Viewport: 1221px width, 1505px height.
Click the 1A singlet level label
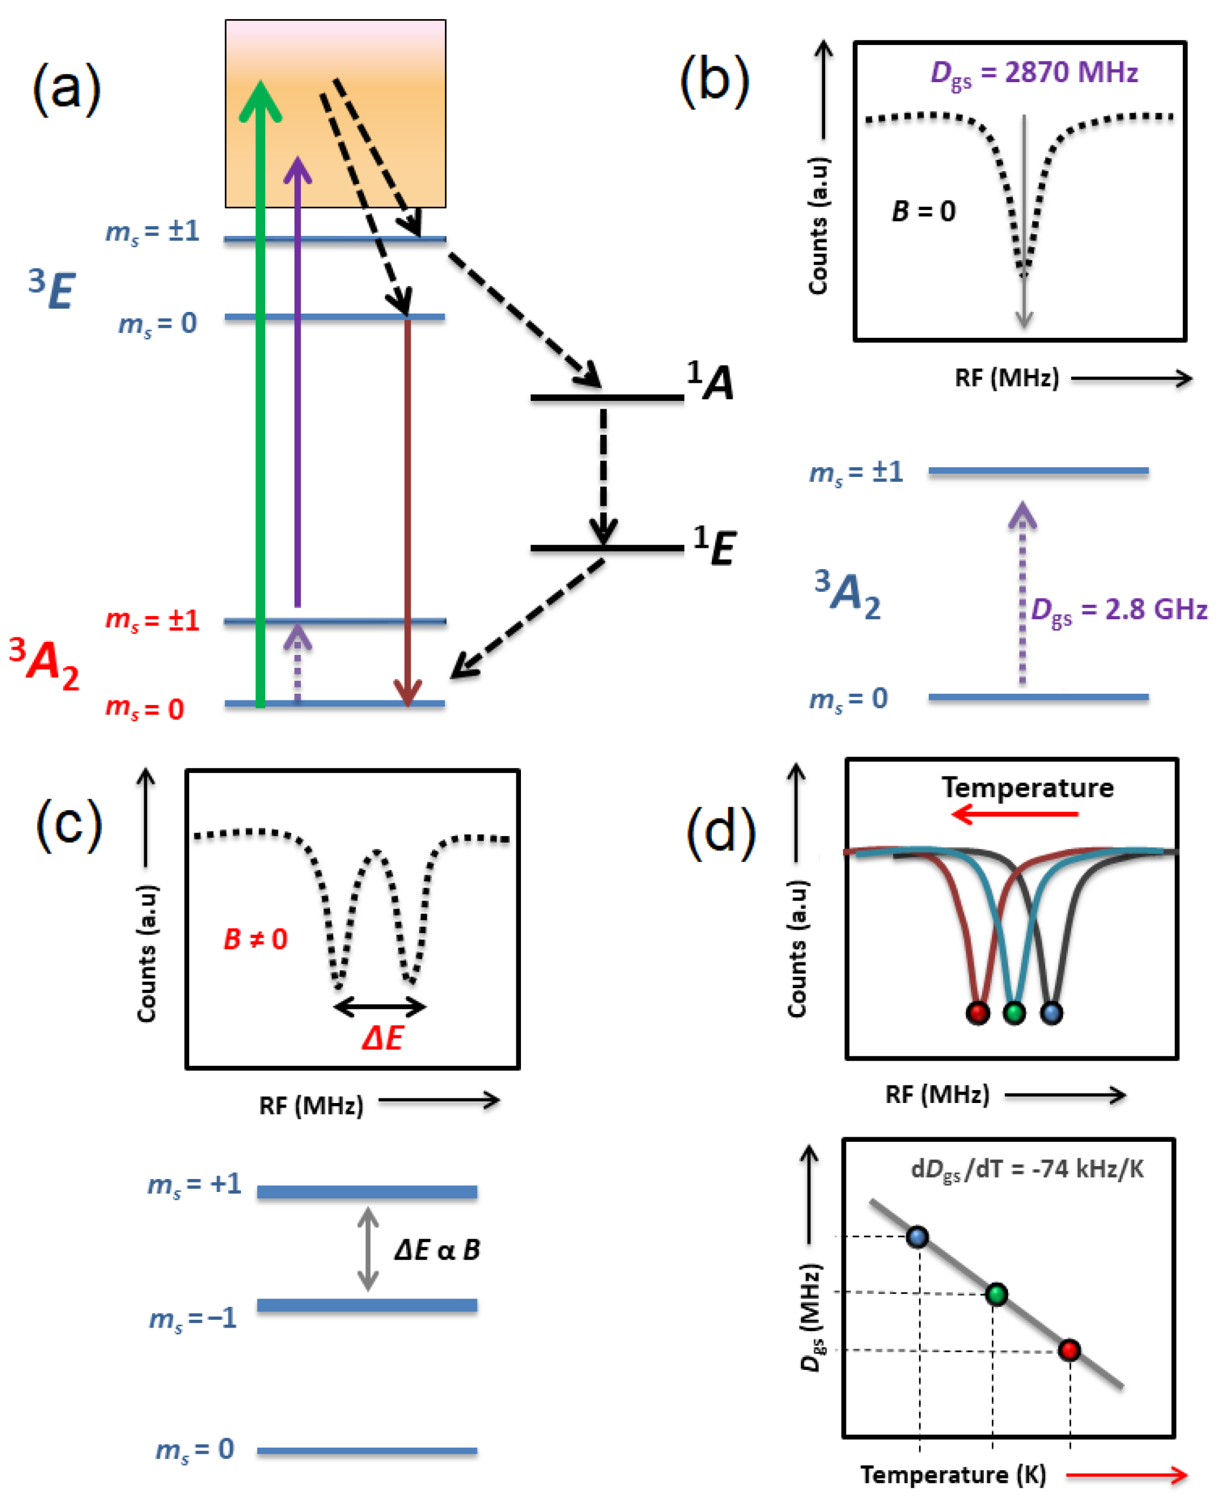click(710, 381)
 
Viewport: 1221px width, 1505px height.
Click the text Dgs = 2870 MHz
click(1034, 73)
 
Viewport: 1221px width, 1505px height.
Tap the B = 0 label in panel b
click(924, 211)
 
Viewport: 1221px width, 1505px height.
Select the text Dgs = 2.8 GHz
click(1118, 610)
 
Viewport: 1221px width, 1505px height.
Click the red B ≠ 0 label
click(255, 939)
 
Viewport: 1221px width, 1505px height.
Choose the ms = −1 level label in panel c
click(193, 1317)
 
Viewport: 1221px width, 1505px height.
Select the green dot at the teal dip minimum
click(1014, 1013)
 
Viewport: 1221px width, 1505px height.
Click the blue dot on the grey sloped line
click(917, 1236)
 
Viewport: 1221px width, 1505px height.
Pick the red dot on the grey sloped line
click(1069, 1350)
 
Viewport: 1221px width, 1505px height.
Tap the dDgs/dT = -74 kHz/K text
click(1027, 1169)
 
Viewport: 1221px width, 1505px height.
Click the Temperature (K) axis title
click(953, 1474)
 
